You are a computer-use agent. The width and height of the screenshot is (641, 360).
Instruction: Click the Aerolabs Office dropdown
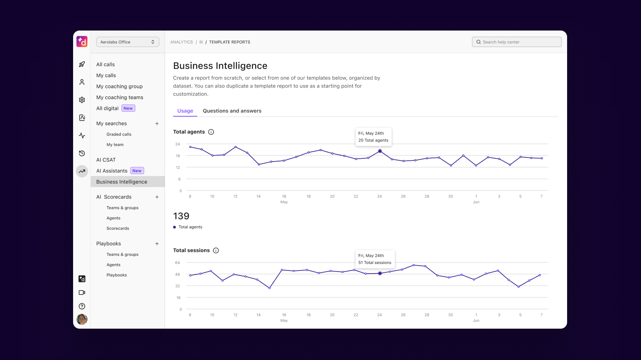tap(128, 42)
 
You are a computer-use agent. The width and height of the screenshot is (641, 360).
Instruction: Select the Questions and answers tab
tap(232, 111)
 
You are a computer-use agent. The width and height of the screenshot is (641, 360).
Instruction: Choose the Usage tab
tap(185, 111)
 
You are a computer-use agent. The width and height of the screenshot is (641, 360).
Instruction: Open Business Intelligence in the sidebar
tap(122, 182)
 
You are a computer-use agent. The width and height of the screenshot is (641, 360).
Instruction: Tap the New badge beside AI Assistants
tap(137, 171)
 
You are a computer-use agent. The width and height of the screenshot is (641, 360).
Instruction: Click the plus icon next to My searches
tap(157, 124)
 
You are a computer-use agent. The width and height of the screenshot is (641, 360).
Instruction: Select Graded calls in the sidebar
tap(119, 134)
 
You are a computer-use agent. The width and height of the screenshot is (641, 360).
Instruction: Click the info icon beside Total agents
tap(211, 132)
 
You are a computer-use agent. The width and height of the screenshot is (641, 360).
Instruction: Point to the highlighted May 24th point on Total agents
tap(380, 151)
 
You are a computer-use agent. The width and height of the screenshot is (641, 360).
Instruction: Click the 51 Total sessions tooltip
tap(375, 259)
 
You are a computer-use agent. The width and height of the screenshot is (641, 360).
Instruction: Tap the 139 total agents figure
tap(181, 216)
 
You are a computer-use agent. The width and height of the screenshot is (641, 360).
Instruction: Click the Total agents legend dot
tap(175, 227)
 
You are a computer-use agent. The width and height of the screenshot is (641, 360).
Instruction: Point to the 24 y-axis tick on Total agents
tap(178, 144)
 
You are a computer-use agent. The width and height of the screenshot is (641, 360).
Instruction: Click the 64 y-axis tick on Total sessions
tap(178, 262)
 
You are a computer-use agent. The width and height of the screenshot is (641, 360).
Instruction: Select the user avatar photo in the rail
tap(82, 319)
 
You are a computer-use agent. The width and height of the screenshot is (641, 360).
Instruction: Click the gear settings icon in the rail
tap(82, 100)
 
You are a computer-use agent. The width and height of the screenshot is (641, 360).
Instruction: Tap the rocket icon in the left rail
tap(82, 64)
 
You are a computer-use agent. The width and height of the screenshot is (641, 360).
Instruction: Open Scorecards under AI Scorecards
tap(118, 228)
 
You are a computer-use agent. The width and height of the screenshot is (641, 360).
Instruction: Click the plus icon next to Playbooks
tap(157, 244)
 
